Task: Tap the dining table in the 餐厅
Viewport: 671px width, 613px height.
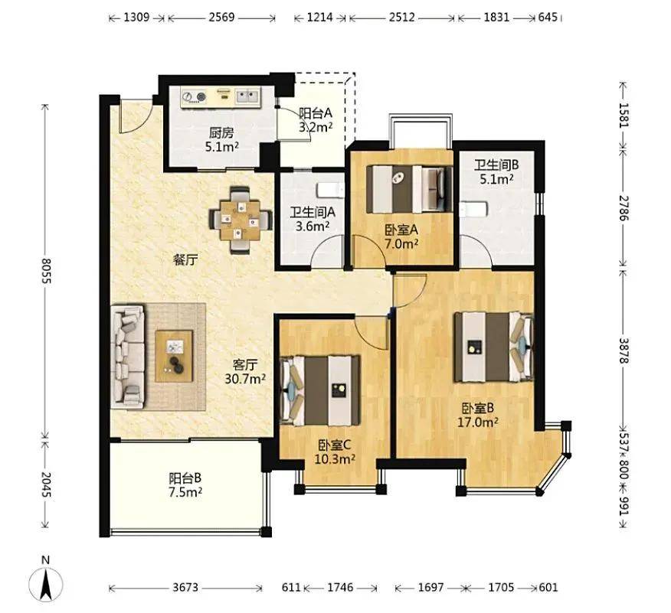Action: point(240,220)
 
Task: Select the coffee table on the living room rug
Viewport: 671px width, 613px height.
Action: point(174,356)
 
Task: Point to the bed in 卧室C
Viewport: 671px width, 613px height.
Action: point(319,390)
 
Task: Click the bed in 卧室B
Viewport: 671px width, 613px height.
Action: point(494,347)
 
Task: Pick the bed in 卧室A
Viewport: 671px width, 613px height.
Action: point(410,189)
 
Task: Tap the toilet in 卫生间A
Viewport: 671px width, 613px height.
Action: point(330,189)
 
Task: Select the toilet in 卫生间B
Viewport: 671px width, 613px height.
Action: point(473,210)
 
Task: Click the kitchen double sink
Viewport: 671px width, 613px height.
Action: point(247,96)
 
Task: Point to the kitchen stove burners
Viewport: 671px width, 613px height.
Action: point(194,96)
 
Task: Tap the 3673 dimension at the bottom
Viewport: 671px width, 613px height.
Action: point(185,587)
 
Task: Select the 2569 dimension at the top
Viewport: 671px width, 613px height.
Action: point(221,17)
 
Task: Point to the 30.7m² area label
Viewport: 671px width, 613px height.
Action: point(245,379)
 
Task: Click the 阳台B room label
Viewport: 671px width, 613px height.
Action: point(185,478)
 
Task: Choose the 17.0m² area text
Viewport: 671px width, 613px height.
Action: point(478,422)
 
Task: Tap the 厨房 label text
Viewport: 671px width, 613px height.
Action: point(221,133)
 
